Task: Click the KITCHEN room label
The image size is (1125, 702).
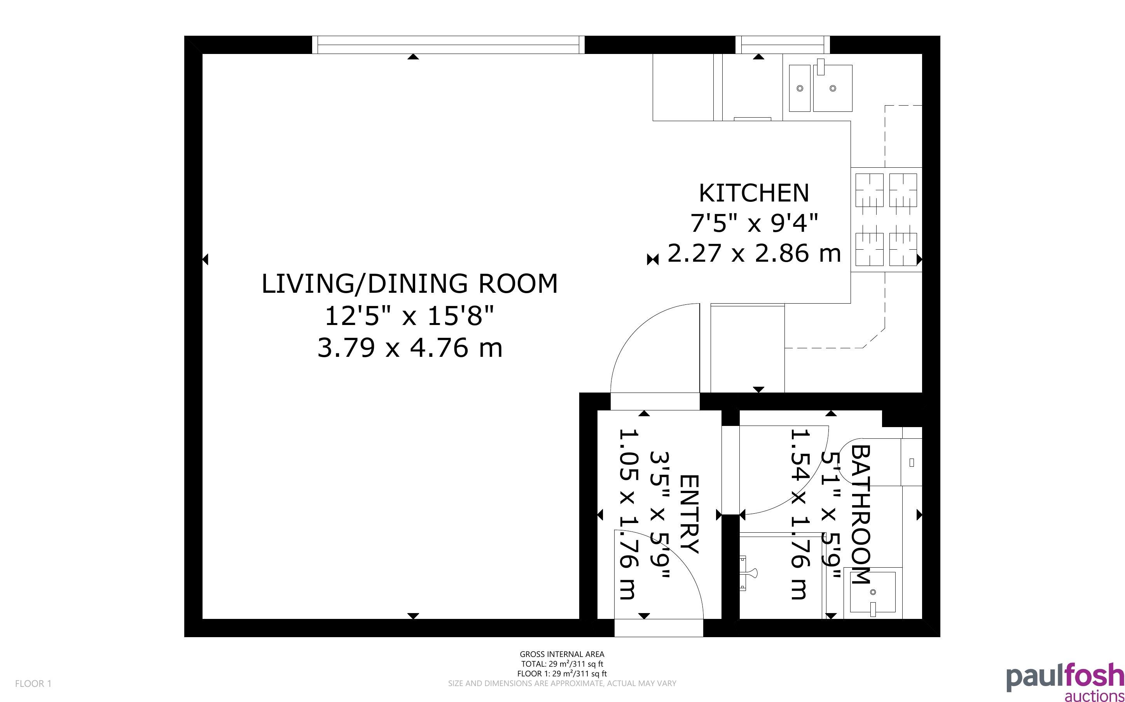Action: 754,193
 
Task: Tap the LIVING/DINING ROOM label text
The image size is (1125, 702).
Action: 409,284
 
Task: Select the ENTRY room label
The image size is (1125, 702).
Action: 689,514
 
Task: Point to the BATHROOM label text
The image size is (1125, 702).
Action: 861,514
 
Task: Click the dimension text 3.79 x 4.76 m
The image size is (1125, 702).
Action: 409,348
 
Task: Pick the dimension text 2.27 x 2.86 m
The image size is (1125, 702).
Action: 754,253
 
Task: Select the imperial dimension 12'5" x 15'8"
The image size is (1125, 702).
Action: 409,316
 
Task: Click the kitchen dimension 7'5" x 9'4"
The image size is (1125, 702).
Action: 754,223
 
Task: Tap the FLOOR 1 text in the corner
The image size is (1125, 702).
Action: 33,683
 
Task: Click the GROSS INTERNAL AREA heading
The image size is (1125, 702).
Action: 562,654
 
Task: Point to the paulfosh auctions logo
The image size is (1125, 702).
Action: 1065,681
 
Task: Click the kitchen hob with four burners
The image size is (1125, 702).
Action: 886,220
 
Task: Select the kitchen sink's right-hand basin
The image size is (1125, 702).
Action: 833,88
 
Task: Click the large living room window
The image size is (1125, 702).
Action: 449,45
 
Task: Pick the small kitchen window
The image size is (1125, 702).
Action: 783,45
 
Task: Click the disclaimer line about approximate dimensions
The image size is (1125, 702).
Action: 562,683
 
